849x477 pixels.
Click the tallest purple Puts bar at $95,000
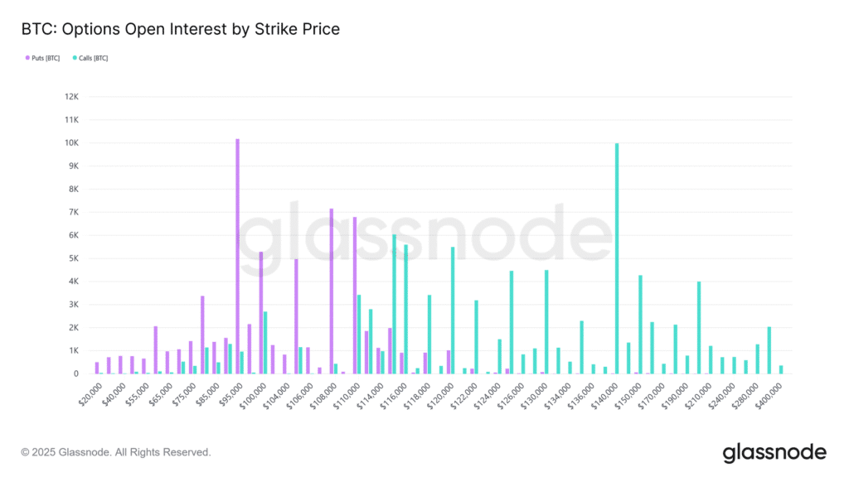coord(237,257)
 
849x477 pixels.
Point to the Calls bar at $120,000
coord(453,311)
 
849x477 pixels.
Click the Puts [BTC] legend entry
coord(43,58)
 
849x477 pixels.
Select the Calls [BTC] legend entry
coord(90,58)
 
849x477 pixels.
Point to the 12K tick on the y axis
coord(71,97)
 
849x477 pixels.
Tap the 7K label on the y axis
coord(72,212)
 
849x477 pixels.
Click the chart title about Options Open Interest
coord(180,29)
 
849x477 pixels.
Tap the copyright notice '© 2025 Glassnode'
coord(116,452)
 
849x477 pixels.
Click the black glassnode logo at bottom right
coord(774,452)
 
